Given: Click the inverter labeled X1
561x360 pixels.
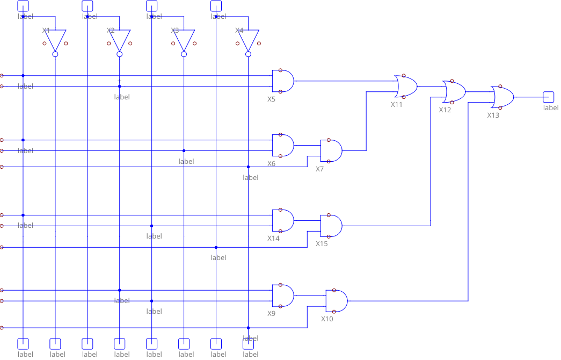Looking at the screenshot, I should pyautogui.click(x=55, y=40).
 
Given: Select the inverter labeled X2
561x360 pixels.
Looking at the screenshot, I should pyautogui.click(x=120, y=40).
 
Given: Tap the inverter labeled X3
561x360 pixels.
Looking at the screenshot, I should pyautogui.click(x=184, y=40).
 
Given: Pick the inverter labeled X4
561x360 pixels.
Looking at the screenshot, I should pyautogui.click(x=248, y=40).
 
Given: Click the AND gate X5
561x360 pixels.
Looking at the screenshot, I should pyautogui.click(x=283, y=81).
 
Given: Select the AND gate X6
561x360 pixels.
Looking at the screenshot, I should pyautogui.click(x=283, y=146).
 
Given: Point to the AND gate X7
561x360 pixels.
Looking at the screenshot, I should pyautogui.click(x=331, y=151).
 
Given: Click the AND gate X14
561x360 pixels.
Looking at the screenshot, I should pyautogui.click(x=283, y=220).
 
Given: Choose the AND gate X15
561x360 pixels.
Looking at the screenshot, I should pyautogui.click(x=331, y=226).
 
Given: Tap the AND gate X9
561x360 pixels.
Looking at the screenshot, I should pyautogui.click(x=283, y=296).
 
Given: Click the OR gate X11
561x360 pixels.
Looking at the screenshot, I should pyautogui.click(x=406, y=86).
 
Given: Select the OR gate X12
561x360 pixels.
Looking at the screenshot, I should pyautogui.click(x=454, y=92).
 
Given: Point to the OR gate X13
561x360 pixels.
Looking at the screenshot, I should pyautogui.click(x=502, y=97).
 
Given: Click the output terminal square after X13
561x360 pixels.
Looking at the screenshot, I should pyautogui.click(x=548, y=97).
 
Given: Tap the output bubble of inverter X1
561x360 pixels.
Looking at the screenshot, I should pyautogui.click(x=55, y=54).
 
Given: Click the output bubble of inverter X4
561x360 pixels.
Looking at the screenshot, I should pyautogui.click(x=248, y=54).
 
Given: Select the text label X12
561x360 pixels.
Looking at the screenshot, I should pyautogui.click(x=445, y=110).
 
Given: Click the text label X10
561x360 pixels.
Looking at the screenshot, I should pyautogui.click(x=327, y=319).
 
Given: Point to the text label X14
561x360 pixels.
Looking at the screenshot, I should pyautogui.click(x=273, y=238).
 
